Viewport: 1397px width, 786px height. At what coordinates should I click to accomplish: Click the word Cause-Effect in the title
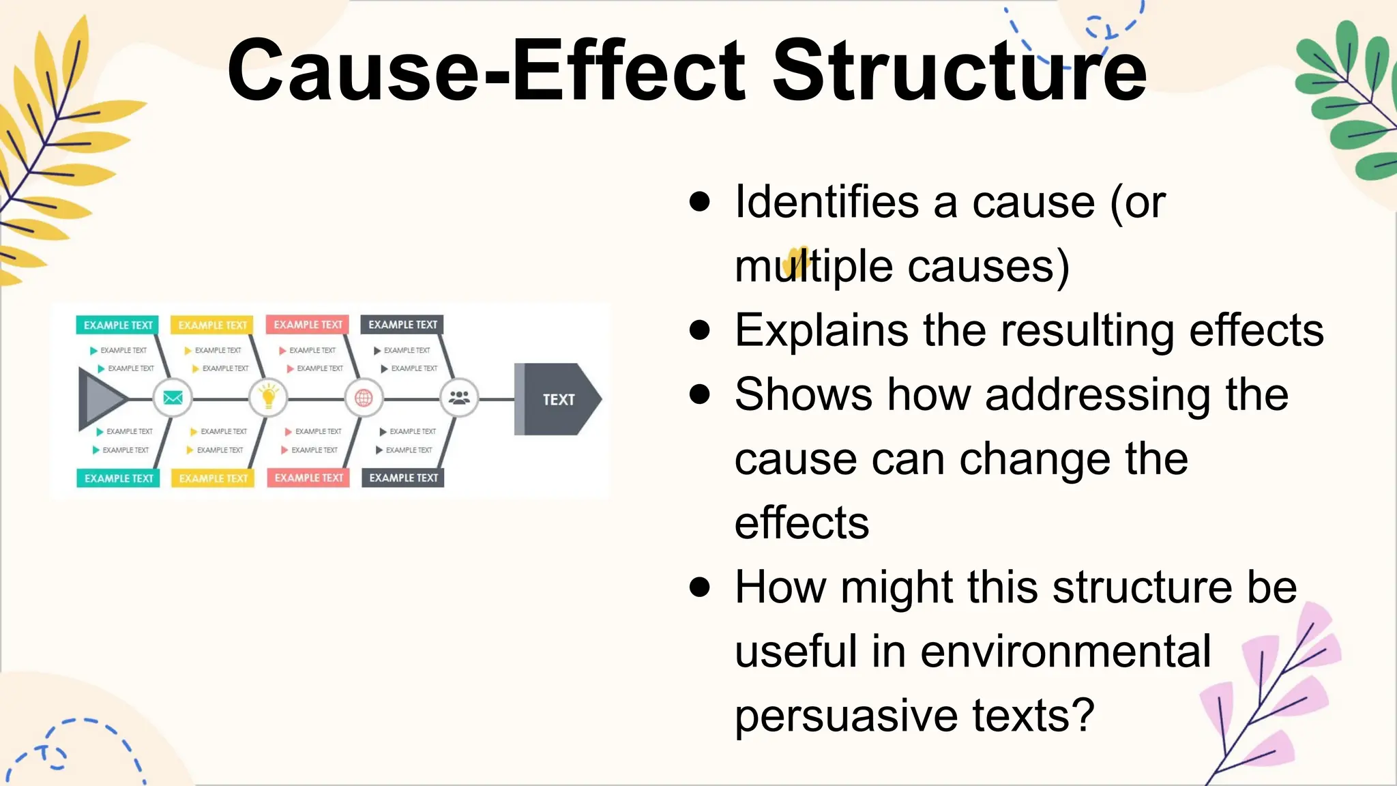[486, 70]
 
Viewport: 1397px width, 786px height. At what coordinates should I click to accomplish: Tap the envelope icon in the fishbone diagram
[173, 398]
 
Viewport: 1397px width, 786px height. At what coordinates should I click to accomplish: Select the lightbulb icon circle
[268, 398]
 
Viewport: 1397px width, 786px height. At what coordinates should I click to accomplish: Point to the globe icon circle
[364, 398]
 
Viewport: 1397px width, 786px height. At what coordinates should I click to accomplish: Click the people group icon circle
[459, 398]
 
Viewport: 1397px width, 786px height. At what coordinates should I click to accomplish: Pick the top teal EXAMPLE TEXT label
[118, 325]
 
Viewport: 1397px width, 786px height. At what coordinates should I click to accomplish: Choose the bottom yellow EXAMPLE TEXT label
[213, 478]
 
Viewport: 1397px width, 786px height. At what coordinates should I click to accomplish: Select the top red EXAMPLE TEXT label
[308, 325]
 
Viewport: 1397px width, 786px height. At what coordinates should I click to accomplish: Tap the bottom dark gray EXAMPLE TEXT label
[403, 478]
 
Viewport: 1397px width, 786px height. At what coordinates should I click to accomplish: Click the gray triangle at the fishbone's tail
[99, 398]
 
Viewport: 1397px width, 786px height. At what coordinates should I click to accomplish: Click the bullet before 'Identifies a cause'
[699, 202]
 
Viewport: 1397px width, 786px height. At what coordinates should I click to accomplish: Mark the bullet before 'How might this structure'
[699, 587]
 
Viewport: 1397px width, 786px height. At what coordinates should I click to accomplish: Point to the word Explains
[821, 331]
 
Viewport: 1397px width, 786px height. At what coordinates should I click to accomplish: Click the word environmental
[1065, 652]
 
